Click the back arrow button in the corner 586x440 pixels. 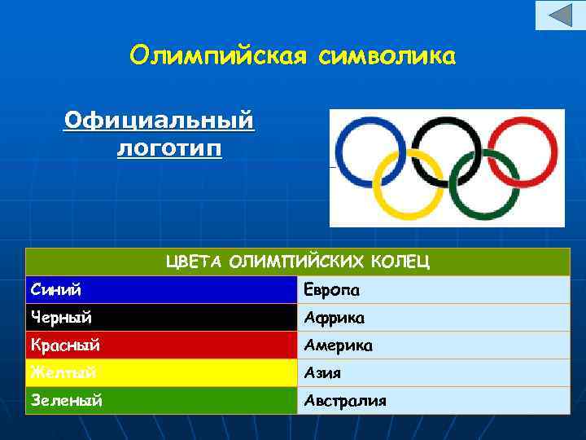(x=560, y=15)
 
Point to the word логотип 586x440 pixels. (x=168, y=149)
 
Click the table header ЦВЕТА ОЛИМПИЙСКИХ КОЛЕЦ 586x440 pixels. (x=298, y=262)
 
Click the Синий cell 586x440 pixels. (x=161, y=290)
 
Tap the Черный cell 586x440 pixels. (x=161, y=318)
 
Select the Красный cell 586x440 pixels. (x=161, y=345)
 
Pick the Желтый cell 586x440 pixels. (x=161, y=373)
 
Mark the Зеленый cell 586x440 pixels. (x=161, y=400)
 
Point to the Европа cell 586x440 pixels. (x=433, y=290)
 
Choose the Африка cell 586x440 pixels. (x=433, y=318)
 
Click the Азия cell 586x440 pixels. (x=433, y=373)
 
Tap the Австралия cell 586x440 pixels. (x=433, y=400)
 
